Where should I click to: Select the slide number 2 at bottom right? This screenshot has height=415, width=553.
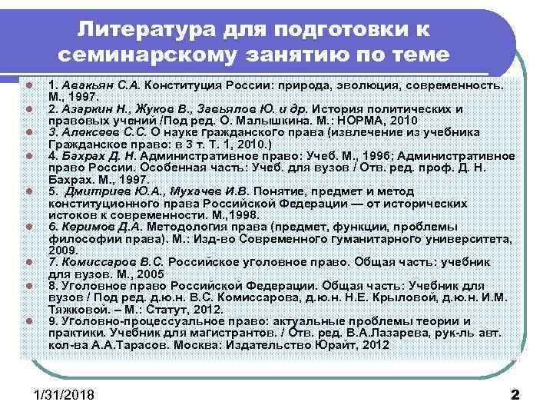[515, 395]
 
